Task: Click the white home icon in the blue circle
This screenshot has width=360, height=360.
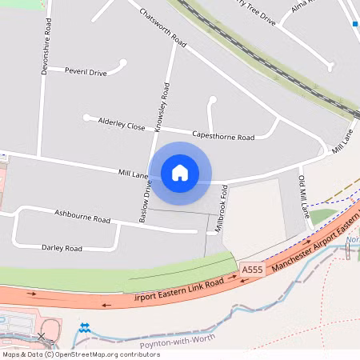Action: (180, 172)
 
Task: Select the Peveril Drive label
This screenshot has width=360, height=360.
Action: (86, 72)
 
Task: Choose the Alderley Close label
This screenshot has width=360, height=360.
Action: (122, 125)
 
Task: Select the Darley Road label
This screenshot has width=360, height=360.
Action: (62, 248)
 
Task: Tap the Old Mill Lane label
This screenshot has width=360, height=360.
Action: (304, 197)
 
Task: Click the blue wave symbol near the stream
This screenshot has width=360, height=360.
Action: (84, 327)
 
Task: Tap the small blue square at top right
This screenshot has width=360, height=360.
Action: (354, 23)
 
